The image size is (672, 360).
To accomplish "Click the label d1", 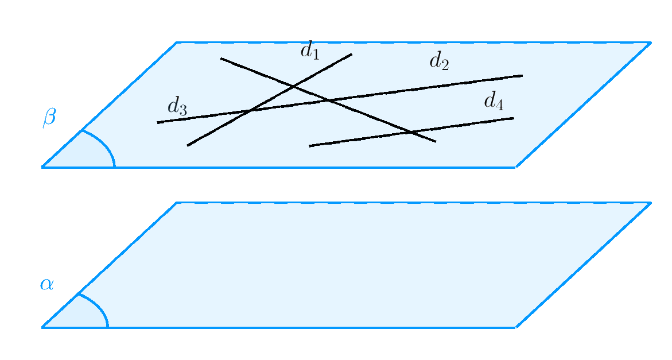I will [309, 51].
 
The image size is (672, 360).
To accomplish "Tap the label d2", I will [439, 61].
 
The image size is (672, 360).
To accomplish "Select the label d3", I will [177, 107].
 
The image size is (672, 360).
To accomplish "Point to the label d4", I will [494, 101].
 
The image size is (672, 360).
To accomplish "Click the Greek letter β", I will [49, 118].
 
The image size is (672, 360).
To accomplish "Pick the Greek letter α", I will [46, 284].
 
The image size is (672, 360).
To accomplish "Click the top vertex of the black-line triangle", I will [294, 87].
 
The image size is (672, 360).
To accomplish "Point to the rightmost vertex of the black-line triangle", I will [328, 100].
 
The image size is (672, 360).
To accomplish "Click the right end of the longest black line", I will [522, 75].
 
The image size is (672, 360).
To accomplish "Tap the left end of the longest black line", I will [157, 122].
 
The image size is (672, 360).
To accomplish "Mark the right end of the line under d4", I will [514, 118].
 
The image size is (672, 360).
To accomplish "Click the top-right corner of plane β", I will [650, 42].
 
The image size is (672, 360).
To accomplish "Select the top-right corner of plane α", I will [650, 203].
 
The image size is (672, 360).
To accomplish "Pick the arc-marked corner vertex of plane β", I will [42, 167].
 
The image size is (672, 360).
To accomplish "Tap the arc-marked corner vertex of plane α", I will [42, 327].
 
